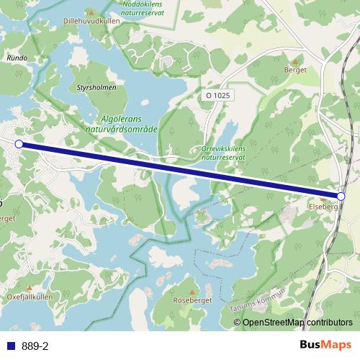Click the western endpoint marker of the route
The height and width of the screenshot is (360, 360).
click(x=19, y=144)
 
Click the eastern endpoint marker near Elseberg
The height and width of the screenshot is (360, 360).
click(x=341, y=196)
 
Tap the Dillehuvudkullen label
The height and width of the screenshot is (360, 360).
click(x=91, y=22)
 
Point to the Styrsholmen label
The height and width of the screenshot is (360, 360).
click(x=96, y=88)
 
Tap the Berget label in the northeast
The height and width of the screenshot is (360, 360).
click(x=295, y=70)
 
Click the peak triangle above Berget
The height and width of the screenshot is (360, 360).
click(x=295, y=60)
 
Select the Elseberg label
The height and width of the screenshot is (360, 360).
click(x=323, y=207)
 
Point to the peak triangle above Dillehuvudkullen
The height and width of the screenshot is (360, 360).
click(x=90, y=12)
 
